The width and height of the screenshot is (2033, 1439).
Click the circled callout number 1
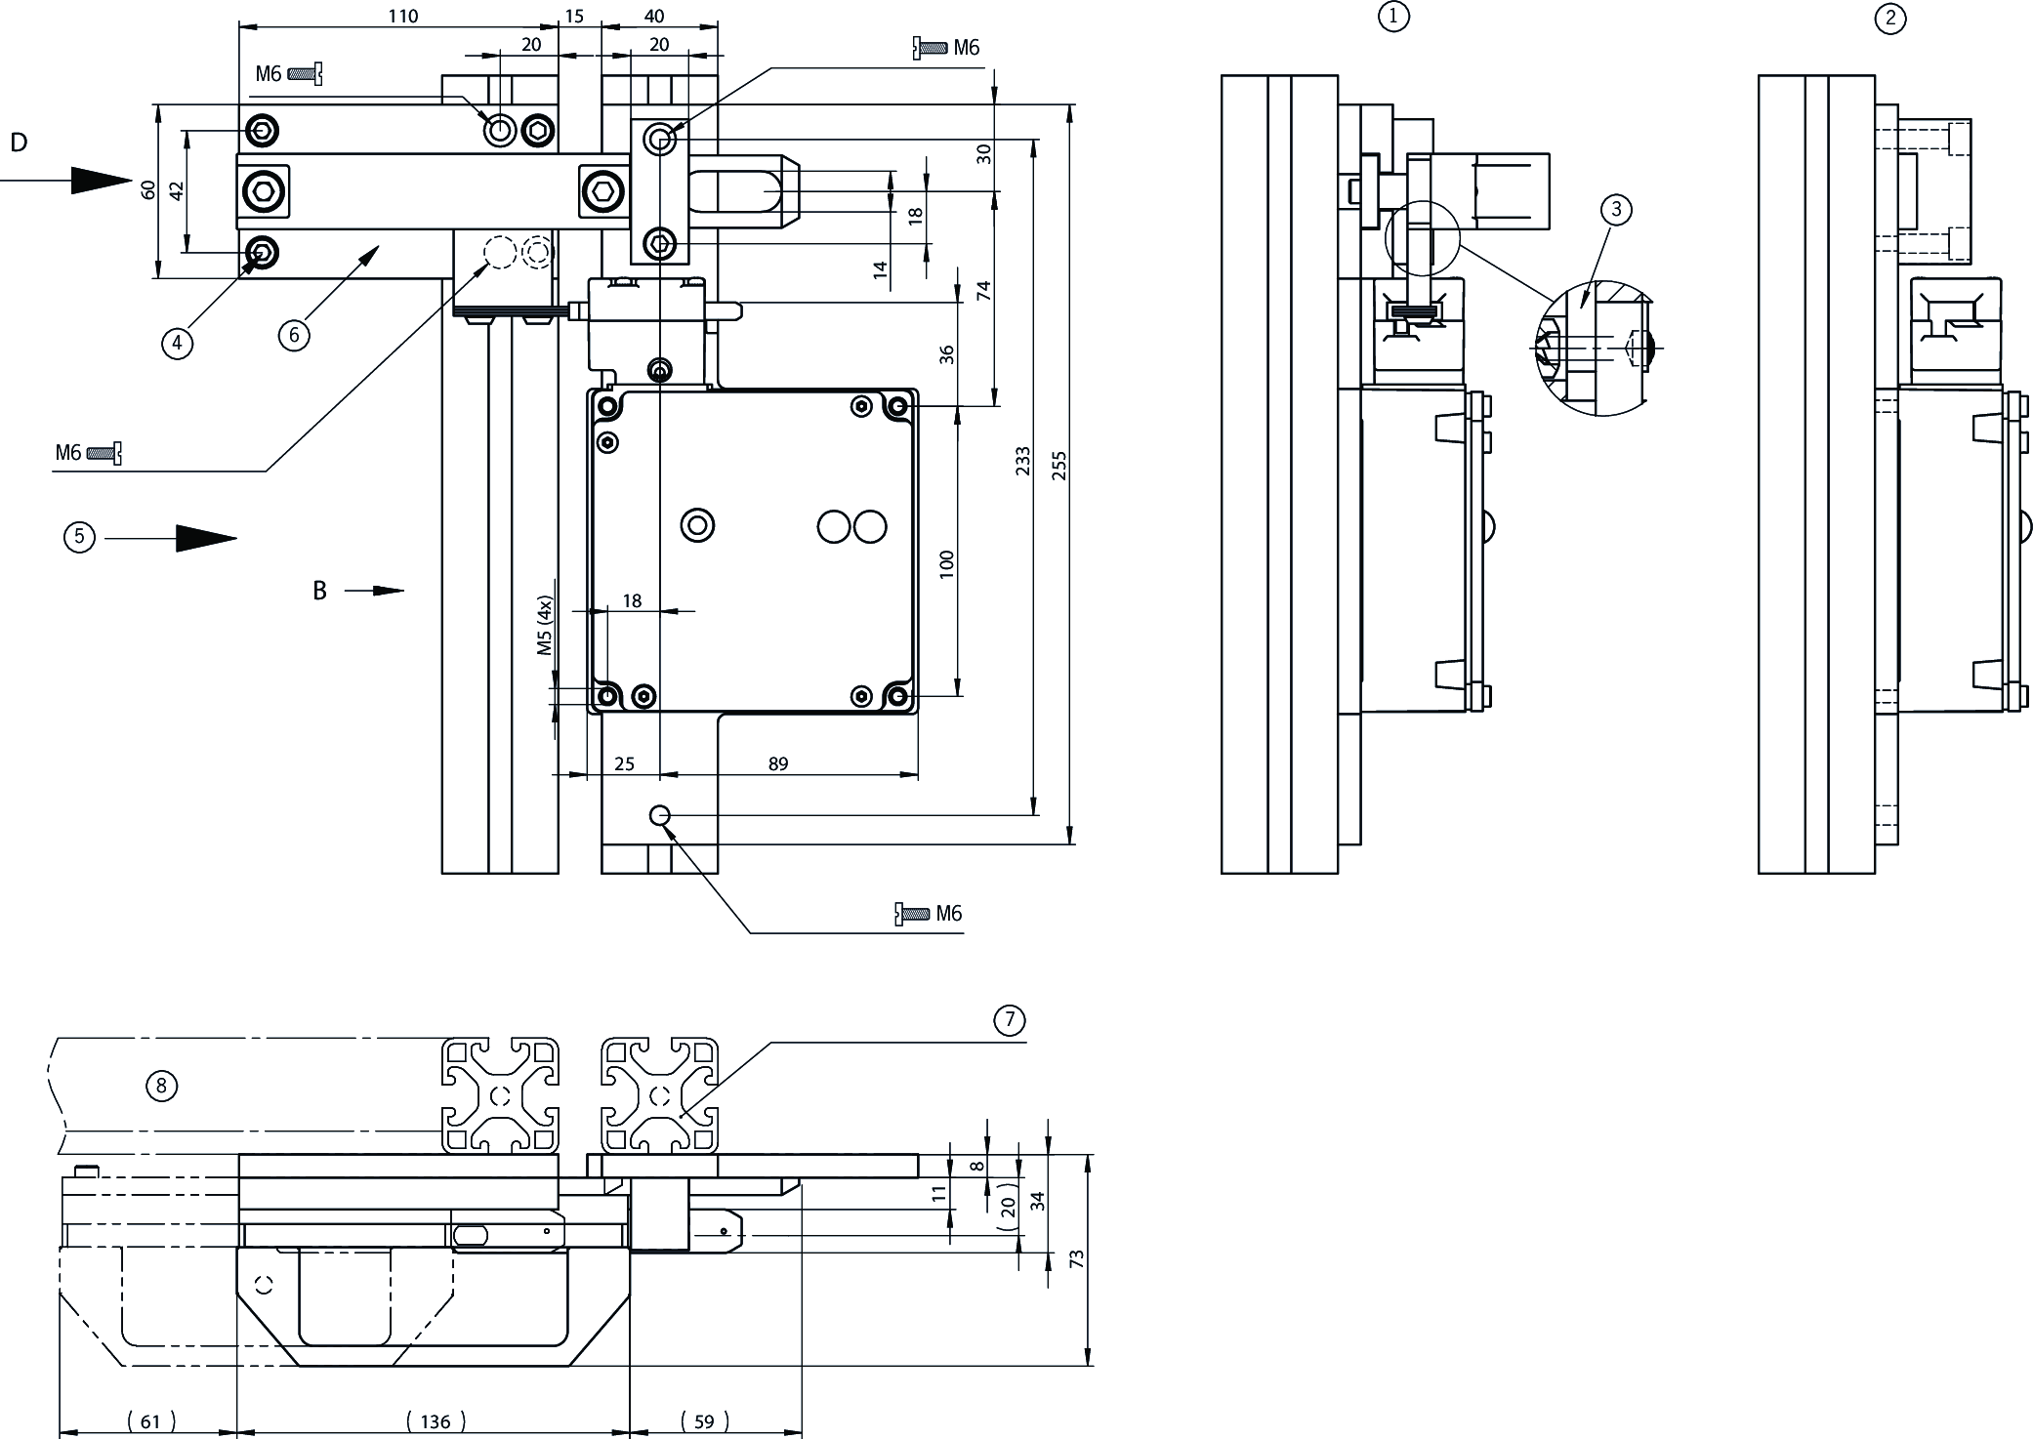pyautogui.click(x=1393, y=17)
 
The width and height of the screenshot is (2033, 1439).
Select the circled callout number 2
pyautogui.click(x=1890, y=19)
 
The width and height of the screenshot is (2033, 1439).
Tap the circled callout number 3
pyautogui.click(x=1616, y=209)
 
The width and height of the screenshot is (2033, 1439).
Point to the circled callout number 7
pyautogui.click(x=1009, y=1021)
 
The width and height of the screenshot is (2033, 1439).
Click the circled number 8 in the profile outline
pyautogui.click(x=161, y=1086)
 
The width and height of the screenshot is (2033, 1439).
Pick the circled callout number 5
pyautogui.click(x=79, y=537)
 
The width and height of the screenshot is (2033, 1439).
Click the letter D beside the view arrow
pyautogui.click(x=19, y=144)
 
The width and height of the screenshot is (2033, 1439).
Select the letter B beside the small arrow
pyautogui.click(x=319, y=591)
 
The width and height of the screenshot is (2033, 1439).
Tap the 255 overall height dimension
pyautogui.click(x=1059, y=466)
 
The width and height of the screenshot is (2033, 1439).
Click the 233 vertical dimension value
pyautogui.click(x=1022, y=461)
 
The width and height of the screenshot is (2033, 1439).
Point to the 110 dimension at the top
pyautogui.click(x=402, y=16)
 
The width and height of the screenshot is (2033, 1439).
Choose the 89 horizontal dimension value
pyautogui.click(x=777, y=763)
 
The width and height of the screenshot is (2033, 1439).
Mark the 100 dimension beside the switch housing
pyautogui.click(x=946, y=564)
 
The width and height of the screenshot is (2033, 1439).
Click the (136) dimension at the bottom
pyautogui.click(x=436, y=1421)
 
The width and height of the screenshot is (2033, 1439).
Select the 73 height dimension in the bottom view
pyautogui.click(x=1077, y=1259)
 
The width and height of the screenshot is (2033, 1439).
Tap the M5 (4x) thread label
pyautogui.click(x=545, y=626)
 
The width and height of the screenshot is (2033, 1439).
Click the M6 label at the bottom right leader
pyautogui.click(x=948, y=913)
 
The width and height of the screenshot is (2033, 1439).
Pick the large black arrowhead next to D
pyautogui.click(x=102, y=181)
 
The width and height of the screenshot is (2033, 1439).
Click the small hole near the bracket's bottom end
pyautogui.click(x=660, y=814)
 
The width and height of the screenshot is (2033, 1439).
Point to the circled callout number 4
pyautogui.click(x=177, y=343)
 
